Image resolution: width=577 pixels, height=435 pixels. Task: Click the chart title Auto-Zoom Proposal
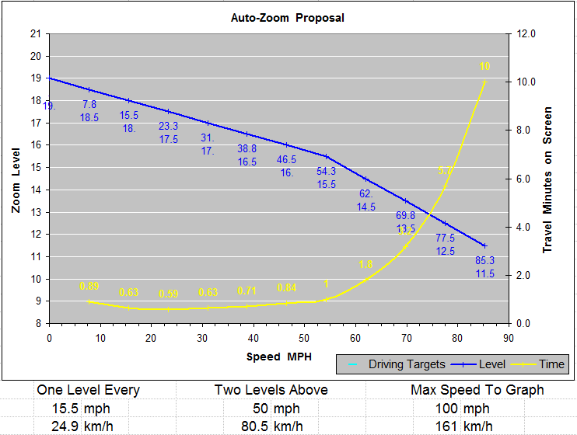point(288,17)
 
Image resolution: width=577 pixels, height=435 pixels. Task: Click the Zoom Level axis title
point(16,178)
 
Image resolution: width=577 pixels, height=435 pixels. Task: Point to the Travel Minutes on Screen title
point(547,179)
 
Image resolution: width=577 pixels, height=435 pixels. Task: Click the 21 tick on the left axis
point(34,33)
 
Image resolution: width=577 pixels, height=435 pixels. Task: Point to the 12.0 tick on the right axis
point(526,33)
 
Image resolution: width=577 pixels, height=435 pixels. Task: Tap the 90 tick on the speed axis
point(509,337)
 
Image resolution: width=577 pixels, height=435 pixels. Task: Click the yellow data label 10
point(484,67)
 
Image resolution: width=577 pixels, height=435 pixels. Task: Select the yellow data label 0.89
point(89,286)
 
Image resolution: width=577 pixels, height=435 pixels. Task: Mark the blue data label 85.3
point(484,260)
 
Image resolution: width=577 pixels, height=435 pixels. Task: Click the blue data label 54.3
point(326,171)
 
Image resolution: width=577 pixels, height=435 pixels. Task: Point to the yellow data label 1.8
point(365,265)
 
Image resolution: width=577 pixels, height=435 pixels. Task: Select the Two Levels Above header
point(271,389)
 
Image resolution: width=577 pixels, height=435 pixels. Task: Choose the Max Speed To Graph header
point(477,389)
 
